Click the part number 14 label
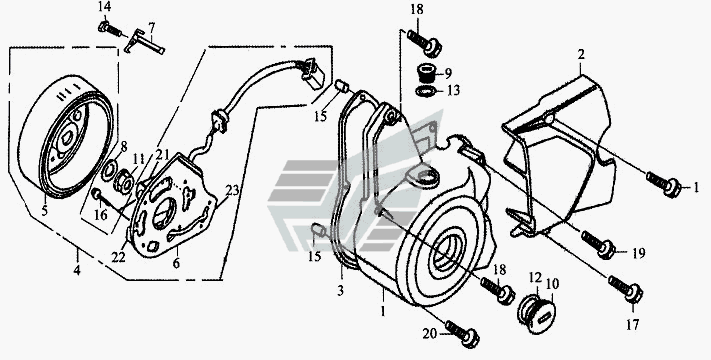tap(104, 7)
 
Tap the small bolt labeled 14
tap(109, 29)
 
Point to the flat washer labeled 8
tap(109, 171)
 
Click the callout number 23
tap(232, 190)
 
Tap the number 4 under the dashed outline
tap(77, 271)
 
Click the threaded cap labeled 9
tap(427, 73)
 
